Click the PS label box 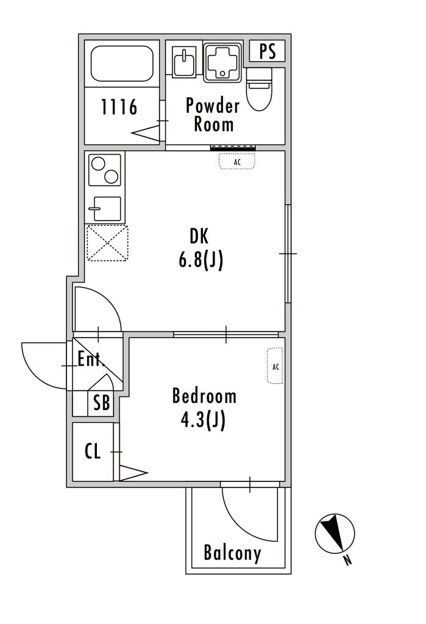point(267,51)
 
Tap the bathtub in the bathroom point(122,63)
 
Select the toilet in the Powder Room point(259,89)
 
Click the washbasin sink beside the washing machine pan point(184,61)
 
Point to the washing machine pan point(222,63)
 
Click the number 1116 point(119,107)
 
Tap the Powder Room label point(213,115)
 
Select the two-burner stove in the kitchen point(105,170)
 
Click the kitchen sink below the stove point(105,208)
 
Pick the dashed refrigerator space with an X point(107,243)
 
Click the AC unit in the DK point(237,161)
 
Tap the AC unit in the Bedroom point(275,366)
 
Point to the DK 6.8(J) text point(201,249)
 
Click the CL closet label point(93,452)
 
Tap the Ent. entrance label point(91,359)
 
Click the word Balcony point(233,553)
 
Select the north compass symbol point(335,533)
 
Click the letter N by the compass point(348,561)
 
